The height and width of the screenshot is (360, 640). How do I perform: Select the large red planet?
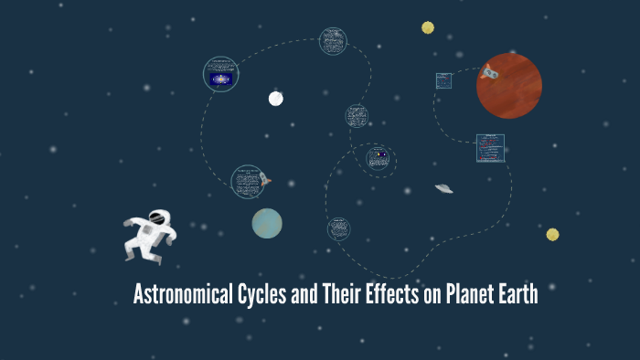point(509,86)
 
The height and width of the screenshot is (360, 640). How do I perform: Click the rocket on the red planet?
point(490,70)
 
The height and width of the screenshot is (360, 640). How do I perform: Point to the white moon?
point(276,99)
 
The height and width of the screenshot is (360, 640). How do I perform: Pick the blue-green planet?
point(267,223)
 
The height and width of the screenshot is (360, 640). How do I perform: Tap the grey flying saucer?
point(444,188)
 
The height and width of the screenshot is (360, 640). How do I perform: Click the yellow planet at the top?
point(428,27)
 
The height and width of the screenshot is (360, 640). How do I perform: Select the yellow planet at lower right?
point(552,235)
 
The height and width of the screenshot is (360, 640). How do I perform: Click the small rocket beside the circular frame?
point(265,179)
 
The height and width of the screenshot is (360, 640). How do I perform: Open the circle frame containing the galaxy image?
point(220,75)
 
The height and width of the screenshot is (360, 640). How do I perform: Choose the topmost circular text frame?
point(333,40)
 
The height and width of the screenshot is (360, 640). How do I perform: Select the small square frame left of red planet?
point(444,80)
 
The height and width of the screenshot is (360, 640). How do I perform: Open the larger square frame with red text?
point(490,148)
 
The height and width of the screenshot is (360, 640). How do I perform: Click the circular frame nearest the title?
point(339,228)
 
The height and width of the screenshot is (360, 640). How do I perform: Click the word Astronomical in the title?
point(178,295)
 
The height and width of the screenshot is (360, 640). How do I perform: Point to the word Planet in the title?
point(462,295)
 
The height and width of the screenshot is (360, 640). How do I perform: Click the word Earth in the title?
point(517,295)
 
